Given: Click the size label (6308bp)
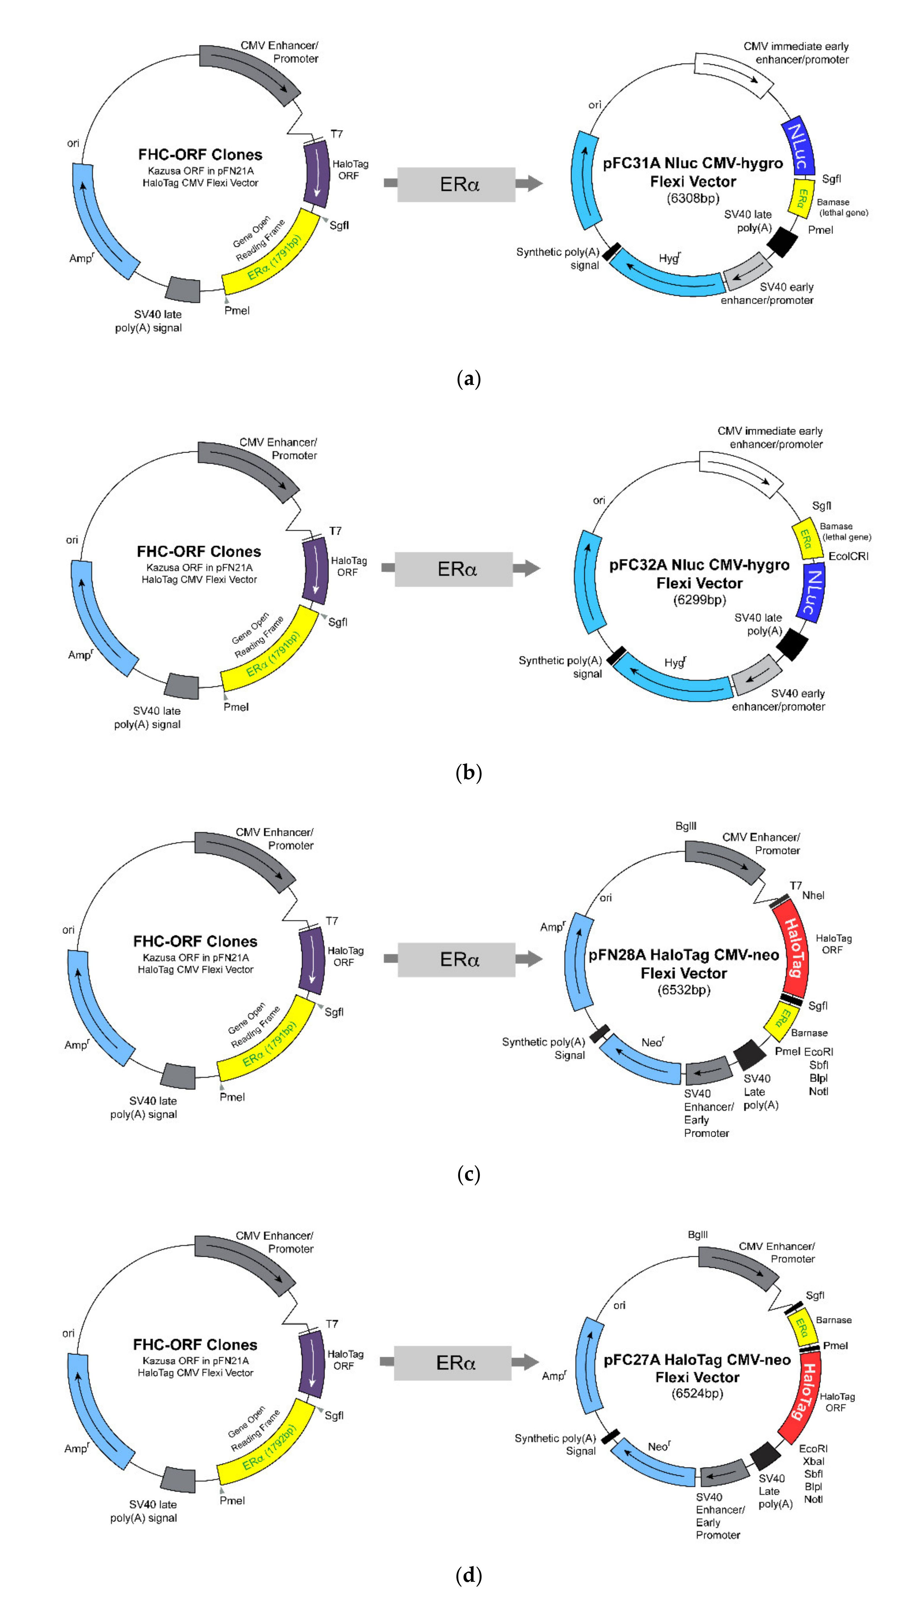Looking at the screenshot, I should pos(693,199).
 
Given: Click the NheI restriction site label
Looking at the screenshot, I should pos(813,895).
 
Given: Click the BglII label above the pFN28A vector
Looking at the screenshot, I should pos(686,826).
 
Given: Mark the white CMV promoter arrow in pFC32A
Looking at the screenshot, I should pos(741,473).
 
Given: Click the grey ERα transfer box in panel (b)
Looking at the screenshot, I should pos(454,569).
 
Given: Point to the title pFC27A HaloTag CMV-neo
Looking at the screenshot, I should pos(697,1360).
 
